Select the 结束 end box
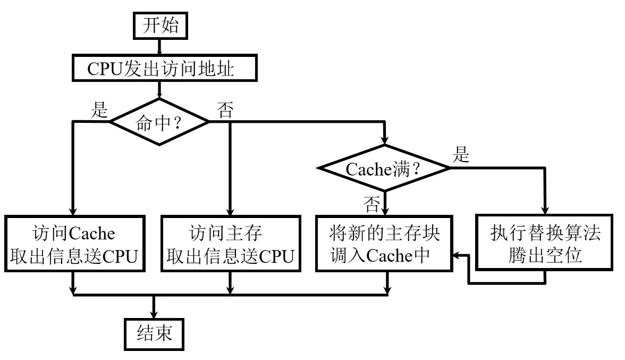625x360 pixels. click(154, 334)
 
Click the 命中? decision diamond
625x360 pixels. click(159, 122)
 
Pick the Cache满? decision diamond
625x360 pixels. click(383, 168)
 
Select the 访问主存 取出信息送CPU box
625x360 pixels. click(230, 245)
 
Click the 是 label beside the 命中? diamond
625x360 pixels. click(100, 110)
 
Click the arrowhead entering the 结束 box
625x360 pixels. click(154, 314)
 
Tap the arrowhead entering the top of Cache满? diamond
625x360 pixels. click(383, 140)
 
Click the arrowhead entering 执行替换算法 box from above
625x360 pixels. click(545, 210)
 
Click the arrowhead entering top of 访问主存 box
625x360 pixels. click(230, 210)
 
